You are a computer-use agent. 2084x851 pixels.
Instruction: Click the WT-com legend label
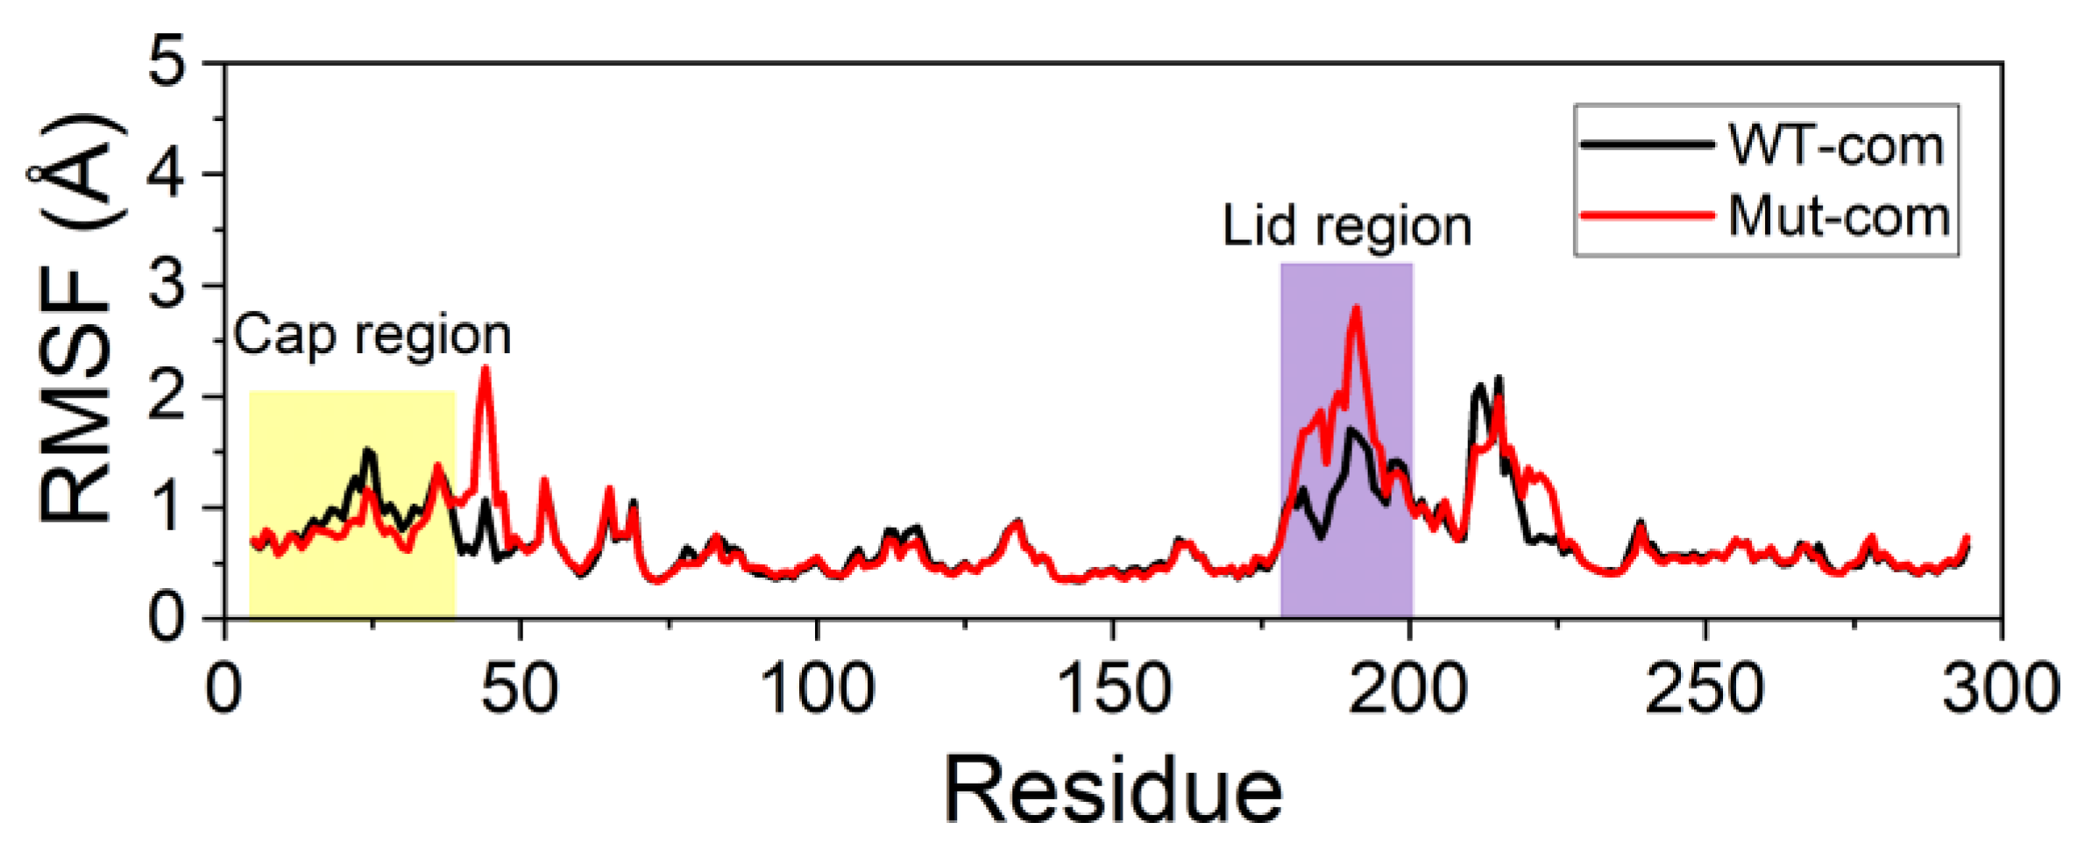(1835, 145)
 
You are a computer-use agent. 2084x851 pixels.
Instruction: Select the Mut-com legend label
(1839, 216)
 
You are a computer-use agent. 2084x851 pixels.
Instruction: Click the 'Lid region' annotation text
(1346, 227)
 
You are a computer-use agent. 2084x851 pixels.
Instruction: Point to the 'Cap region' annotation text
(372, 336)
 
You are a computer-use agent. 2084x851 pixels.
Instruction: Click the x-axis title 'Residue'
(1113, 791)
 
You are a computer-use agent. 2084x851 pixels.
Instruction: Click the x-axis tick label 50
(519, 689)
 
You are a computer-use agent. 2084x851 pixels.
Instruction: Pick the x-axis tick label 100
(817, 689)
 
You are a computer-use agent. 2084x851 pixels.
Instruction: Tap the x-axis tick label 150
(1113, 689)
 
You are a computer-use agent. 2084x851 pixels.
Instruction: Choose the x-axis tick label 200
(1407, 689)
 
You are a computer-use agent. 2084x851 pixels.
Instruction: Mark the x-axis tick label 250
(1704, 689)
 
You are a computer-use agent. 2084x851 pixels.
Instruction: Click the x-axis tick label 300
(2000, 689)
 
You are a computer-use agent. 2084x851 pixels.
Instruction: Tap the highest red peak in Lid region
(1357, 308)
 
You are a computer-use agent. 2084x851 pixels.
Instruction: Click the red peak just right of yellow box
(485, 369)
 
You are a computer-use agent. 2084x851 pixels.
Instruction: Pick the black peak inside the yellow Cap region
(369, 451)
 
